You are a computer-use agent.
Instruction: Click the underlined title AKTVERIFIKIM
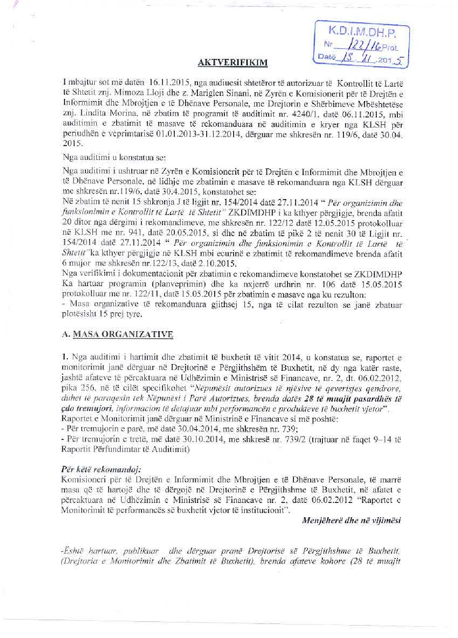(233, 63)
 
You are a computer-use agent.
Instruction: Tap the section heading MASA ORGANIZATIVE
(123, 335)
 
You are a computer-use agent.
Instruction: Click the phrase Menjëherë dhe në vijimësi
(351, 520)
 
